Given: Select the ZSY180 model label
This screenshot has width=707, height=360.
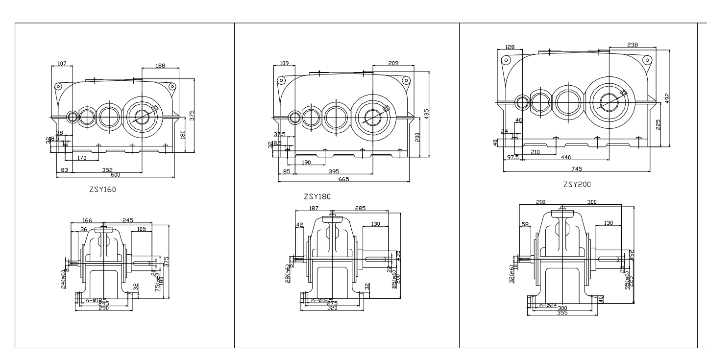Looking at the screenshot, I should [317, 196].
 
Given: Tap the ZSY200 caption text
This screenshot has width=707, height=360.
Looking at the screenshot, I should [577, 185].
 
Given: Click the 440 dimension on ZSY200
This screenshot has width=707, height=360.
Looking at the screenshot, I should [565, 157].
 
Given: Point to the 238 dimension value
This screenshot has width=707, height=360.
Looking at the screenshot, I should [633, 45].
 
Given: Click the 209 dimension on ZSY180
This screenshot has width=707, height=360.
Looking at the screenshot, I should [393, 63].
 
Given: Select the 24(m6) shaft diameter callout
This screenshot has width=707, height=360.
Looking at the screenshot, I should [64, 279].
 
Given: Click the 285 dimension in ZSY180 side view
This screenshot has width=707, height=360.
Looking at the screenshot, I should [360, 208].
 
